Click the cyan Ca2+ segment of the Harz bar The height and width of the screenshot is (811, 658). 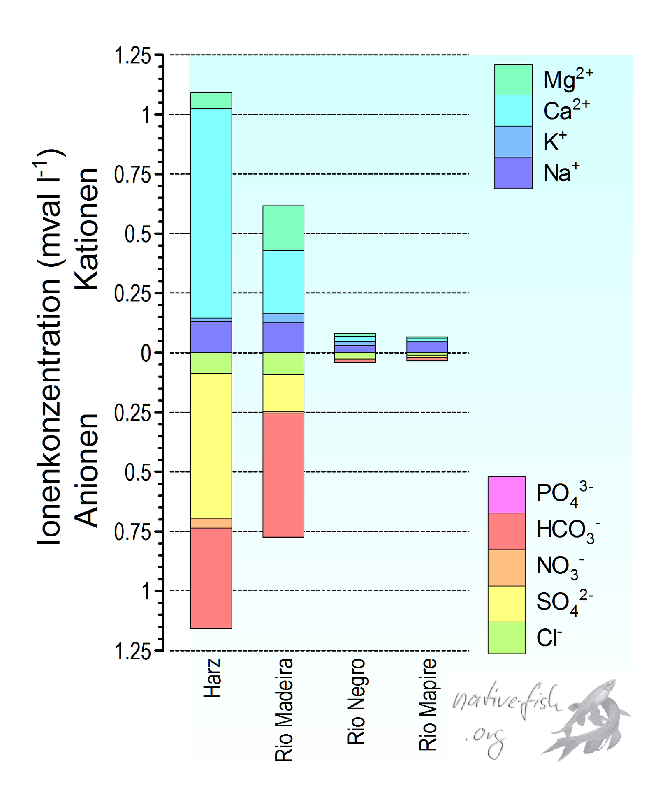211,213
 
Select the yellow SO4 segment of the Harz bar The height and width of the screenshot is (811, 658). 211,445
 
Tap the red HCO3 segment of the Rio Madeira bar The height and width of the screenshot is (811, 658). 283,475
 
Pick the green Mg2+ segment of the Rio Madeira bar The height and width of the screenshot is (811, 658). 283,228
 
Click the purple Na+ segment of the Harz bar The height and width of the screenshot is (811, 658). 211,337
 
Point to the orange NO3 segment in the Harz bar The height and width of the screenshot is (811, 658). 211,522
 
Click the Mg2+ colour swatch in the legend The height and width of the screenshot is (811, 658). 513,79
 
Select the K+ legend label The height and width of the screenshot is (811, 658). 555,141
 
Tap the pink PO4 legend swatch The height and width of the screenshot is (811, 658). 506,494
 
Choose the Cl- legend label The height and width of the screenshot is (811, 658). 549,638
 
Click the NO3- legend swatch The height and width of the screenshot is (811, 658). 506,567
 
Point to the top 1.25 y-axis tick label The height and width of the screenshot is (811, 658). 132,55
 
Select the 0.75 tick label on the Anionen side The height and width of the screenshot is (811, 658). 132,532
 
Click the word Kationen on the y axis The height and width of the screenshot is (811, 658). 88,229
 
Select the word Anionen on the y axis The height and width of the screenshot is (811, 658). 88,470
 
